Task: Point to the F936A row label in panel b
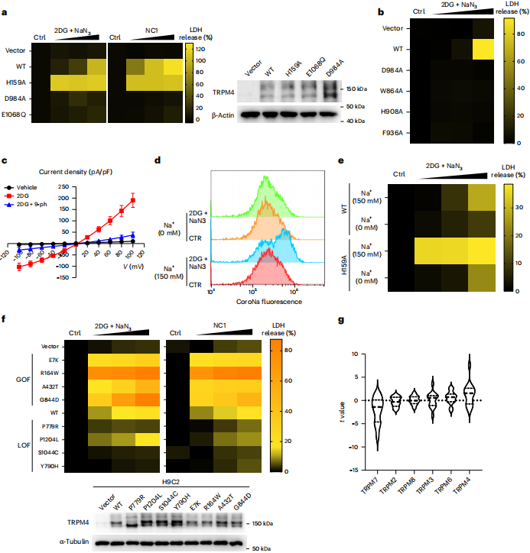pyautogui.click(x=392, y=132)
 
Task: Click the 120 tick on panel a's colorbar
pyautogui.click(x=201, y=47)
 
